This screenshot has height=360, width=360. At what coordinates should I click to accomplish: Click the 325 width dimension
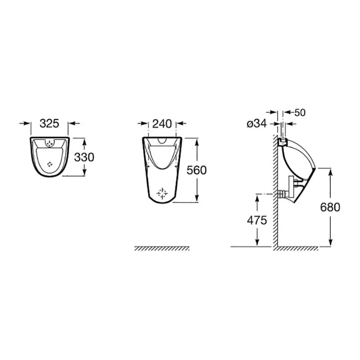click(49, 123)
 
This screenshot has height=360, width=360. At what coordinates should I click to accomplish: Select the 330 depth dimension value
click(84, 157)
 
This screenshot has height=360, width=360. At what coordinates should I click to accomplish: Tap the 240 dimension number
click(162, 124)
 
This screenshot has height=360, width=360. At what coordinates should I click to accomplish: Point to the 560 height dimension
click(197, 170)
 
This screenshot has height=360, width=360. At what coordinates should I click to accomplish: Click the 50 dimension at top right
click(300, 112)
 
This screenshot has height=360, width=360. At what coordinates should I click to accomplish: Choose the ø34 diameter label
click(256, 124)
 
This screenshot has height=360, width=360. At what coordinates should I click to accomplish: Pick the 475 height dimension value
click(257, 220)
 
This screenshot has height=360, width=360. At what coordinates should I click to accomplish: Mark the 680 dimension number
click(330, 207)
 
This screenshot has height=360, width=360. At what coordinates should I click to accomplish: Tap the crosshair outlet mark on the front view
click(162, 193)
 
